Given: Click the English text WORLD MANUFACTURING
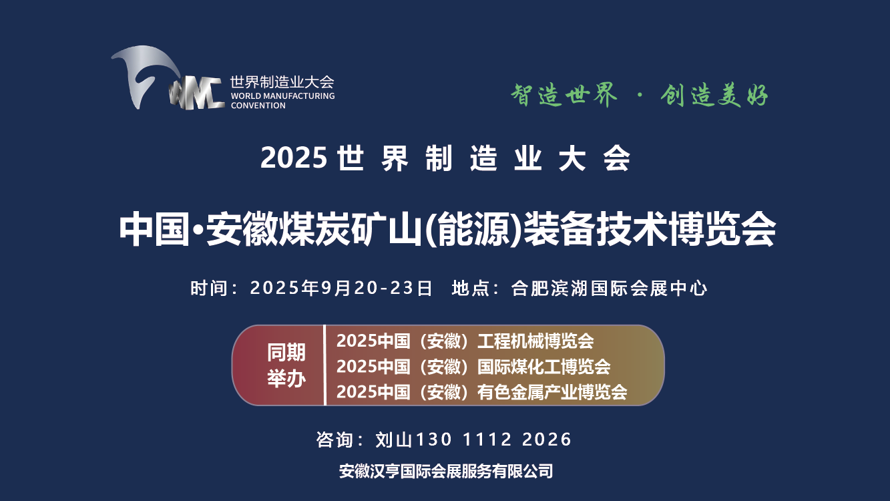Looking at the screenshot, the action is point(282,96).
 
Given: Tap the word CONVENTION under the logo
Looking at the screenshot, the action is point(258,106).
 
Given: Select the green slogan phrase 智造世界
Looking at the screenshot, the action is point(564,95).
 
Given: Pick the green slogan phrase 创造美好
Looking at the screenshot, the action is point(714,96).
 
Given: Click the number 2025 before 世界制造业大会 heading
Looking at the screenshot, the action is point(294,158).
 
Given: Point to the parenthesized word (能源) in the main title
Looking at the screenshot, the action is point(473,229).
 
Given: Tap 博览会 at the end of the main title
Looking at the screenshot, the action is point(722,229).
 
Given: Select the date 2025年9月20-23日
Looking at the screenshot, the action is point(341,289).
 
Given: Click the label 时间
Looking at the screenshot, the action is point(208,289).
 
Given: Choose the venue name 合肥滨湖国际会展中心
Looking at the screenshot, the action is point(609,289).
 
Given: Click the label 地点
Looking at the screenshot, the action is point(470,289).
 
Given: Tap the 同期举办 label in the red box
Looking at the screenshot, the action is point(286,365).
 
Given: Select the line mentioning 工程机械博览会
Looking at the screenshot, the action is point(465,341).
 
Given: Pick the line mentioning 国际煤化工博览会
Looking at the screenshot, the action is point(473,367).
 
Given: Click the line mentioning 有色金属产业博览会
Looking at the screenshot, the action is point(481,392).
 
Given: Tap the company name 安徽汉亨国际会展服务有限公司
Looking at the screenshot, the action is point(446,471).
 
